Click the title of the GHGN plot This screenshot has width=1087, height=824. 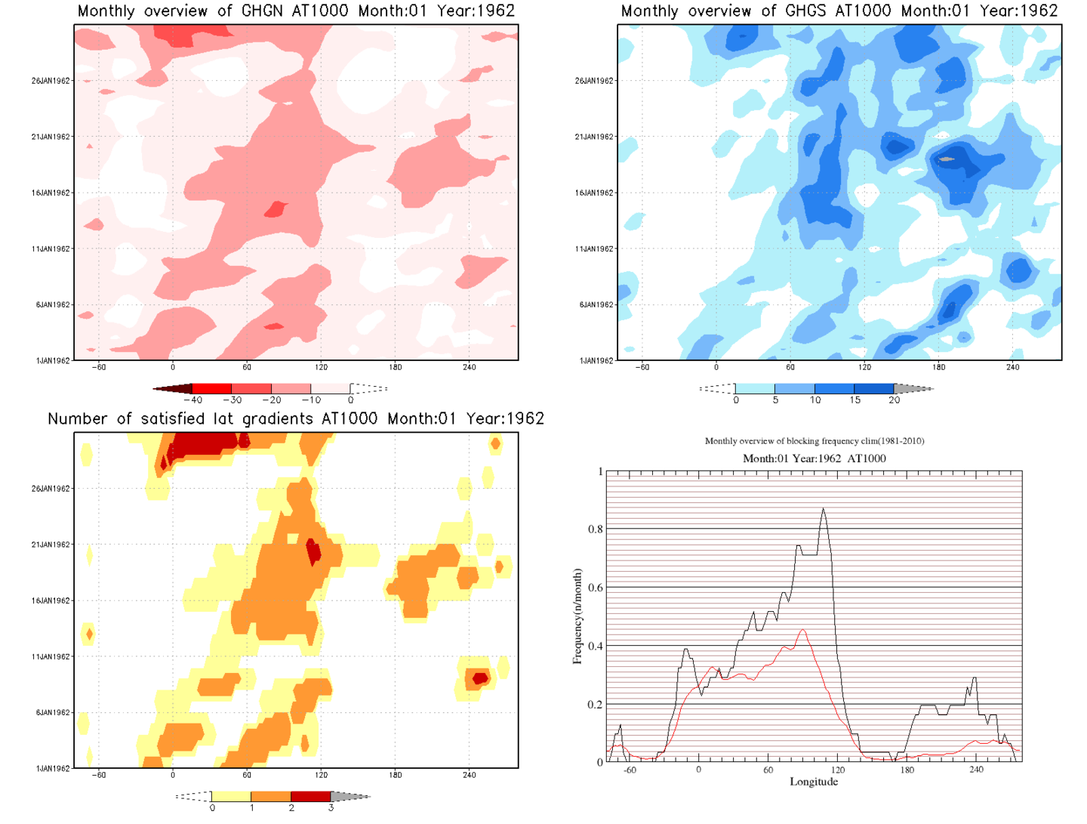[x=296, y=11]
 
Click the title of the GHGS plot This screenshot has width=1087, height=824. [x=839, y=11]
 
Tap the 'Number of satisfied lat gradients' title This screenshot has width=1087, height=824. [x=296, y=418]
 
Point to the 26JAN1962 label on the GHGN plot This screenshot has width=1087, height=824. [x=51, y=81]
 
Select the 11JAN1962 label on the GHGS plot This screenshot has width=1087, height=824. [x=594, y=248]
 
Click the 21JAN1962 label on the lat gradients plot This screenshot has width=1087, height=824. [x=51, y=545]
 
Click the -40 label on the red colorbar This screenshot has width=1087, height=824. [x=193, y=400]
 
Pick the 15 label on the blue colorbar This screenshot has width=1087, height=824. [x=855, y=400]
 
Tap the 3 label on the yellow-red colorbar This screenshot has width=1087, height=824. [x=331, y=807]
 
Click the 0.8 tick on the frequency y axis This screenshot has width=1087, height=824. [x=596, y=529]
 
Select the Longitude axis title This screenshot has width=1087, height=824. [x=814, y=782]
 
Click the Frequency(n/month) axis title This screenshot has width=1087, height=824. [x=577, y=616]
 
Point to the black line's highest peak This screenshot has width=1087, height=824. [x=823, y=509]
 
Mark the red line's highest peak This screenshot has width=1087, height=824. [x=803, y=630]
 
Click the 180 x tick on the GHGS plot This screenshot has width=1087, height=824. [x=938, y=367]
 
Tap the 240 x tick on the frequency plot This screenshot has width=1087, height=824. [x=976, y=770]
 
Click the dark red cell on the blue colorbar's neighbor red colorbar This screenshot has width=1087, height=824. [x=174, y=388]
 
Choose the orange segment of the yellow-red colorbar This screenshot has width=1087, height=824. [x=270, y=796]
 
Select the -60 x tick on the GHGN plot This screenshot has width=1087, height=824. [x=99, y=367]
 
